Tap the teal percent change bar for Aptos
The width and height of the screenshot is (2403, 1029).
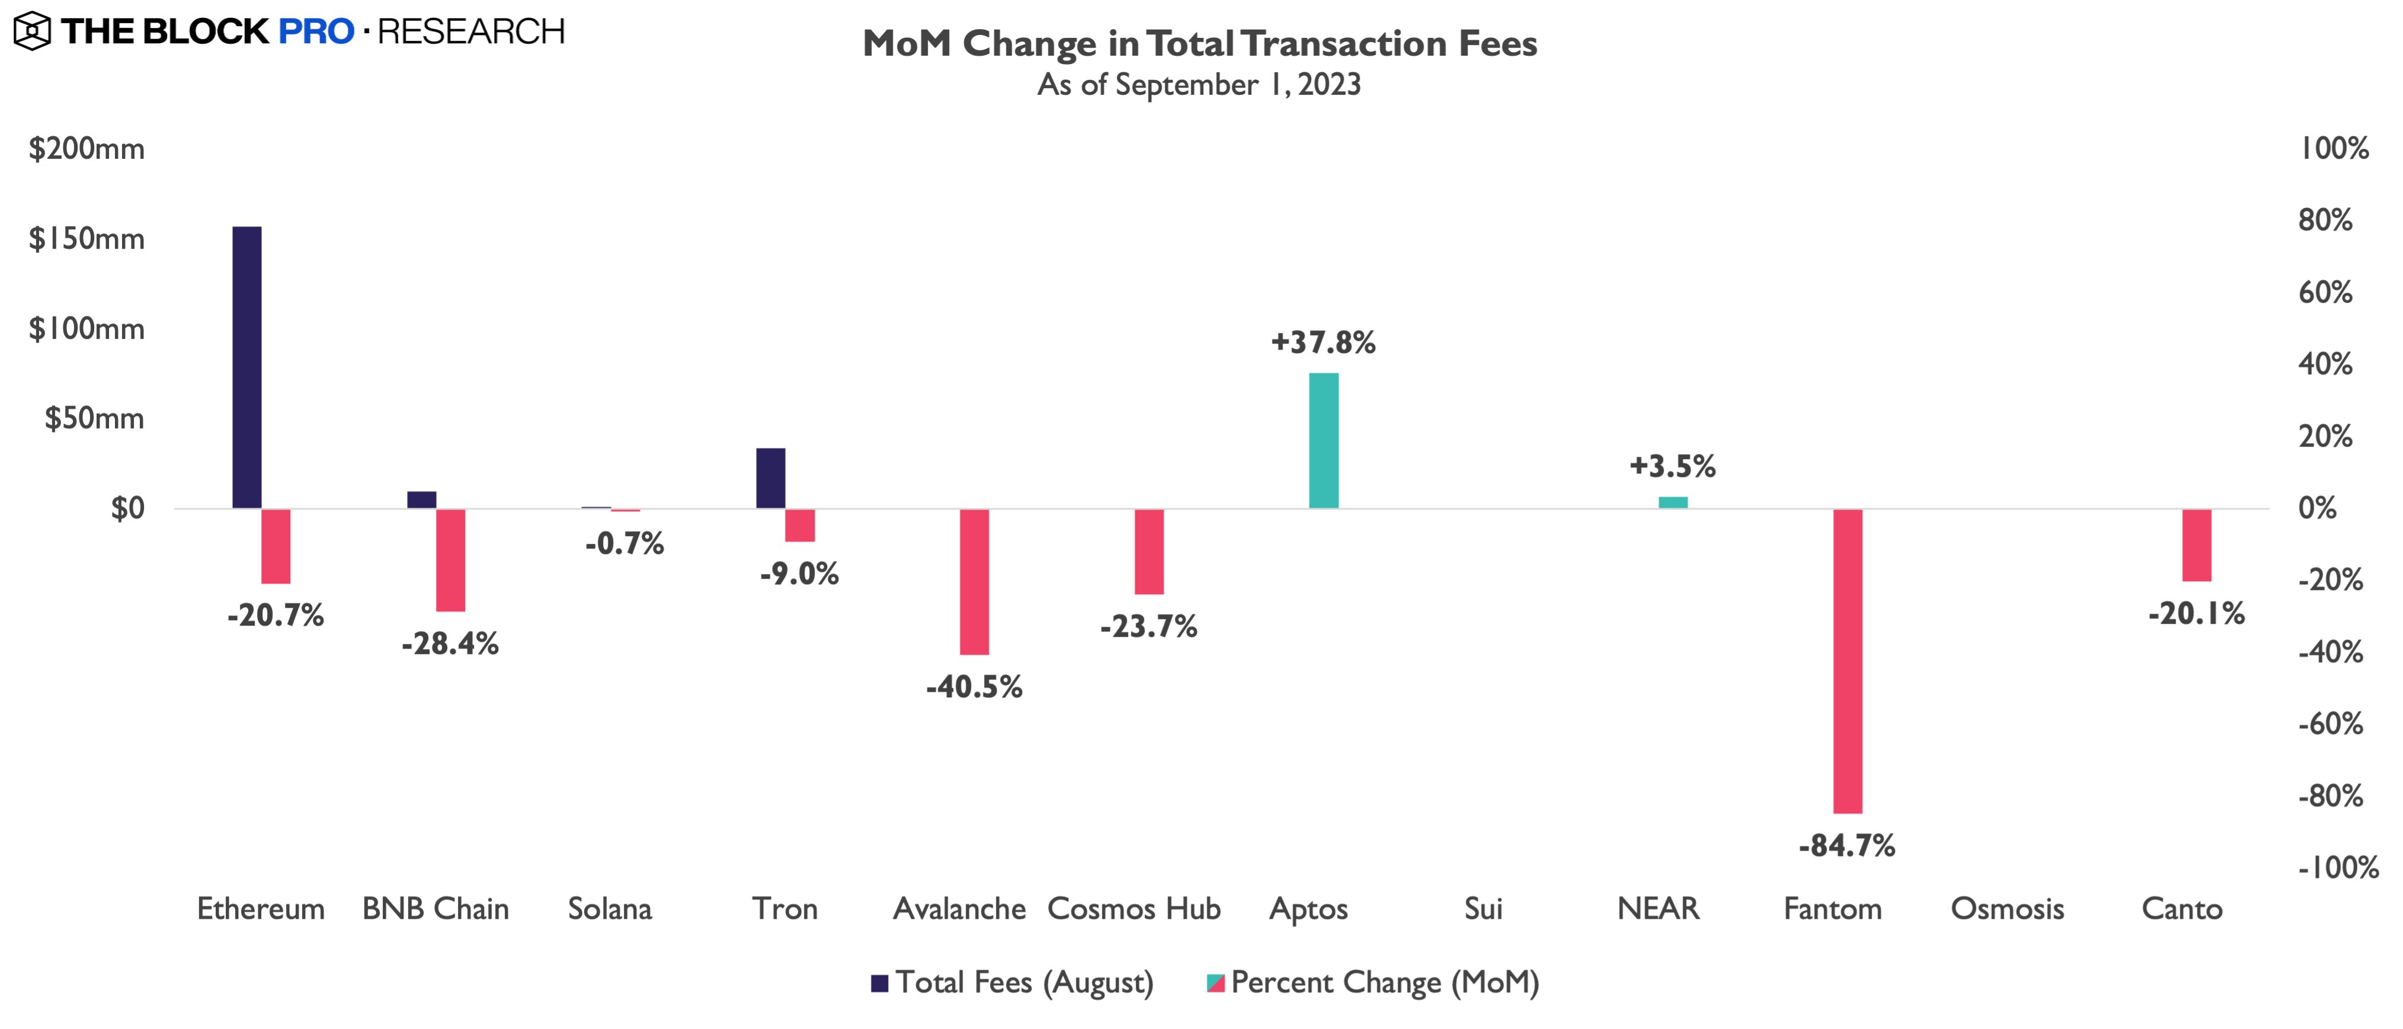pyautogui.click(x=1324, y=440)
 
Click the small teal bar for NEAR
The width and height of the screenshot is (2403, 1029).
pyautogui.click(x=1673, y=502)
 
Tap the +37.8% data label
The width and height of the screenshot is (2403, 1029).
pyautogui.click(x=1323, y=342)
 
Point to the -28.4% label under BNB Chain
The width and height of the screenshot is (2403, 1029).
pyautogui.click(x=450, y=644)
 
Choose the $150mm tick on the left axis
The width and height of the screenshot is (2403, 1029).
pyautogui.click(x=86, y=239)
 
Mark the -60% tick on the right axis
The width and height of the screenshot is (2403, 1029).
pyautogui.click(x=2330, y=724)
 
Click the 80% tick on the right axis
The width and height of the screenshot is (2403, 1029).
pyautogui.click(x=2325, y=220)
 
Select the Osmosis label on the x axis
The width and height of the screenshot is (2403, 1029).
pyautogui.click(x=2007, y=909)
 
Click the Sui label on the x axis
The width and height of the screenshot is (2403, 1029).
pyautogui.click(x=1484, y=909)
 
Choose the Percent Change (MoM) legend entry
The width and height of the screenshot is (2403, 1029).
pyautogui.click(x=1373, y=982)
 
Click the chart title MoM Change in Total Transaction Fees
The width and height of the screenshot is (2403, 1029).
pyautogui.click(x=1200, y=44)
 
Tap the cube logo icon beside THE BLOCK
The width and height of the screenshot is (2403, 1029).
pyautogui.click(x=32, y=31)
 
